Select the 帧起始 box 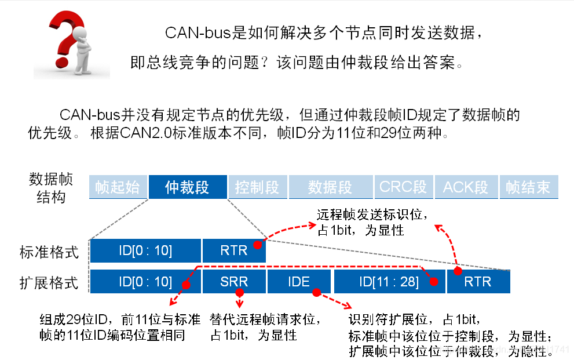pos(118,187)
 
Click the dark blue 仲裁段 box pos(187,187)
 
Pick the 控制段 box pos(257,187)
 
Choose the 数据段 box pos(330,187)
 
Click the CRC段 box pos(403,187)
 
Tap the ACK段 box pos(466,187)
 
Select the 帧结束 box pos(528,187)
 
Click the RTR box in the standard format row pos(234,250)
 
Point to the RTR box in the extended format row pos(478,282)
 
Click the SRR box pos(234,282)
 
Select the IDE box pos(299,282)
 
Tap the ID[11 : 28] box pos(389,282)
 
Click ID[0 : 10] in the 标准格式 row pos(145,250)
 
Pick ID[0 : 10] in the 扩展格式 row pos(145,282)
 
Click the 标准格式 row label pos(49,252)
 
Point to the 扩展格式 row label pos(49,283)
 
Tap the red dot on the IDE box pos(316,292)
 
